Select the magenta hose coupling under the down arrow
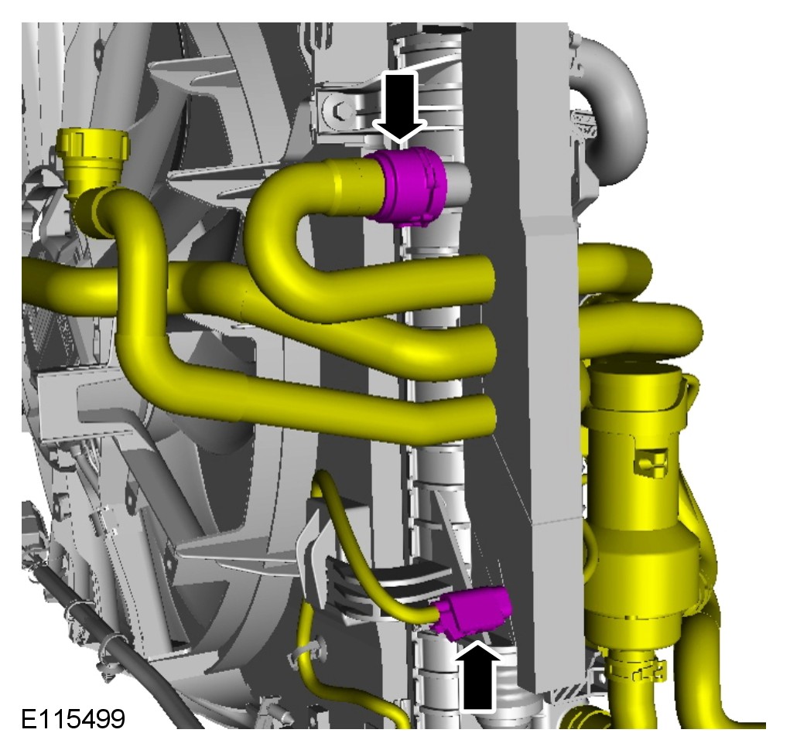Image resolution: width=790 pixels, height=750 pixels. click(407, 186)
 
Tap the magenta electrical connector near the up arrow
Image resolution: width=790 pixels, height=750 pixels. click(474, 611)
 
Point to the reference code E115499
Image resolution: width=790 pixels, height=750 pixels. click(73, 719)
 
